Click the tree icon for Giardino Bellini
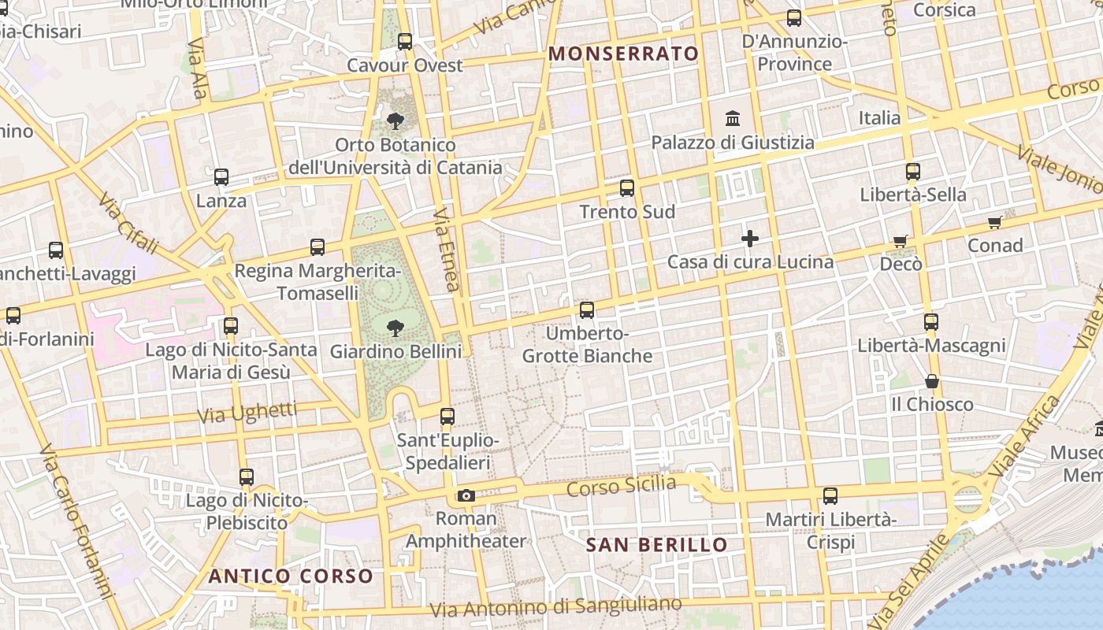tap(396, 328)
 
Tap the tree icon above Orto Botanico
tap(396, 121)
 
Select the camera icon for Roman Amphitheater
tap(466, 495)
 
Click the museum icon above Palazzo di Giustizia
tap(733, 119)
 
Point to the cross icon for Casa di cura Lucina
tap(750, 238)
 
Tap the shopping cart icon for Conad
tap(995, 223)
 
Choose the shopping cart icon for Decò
tap(901, 241)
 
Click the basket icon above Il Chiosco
tap(932, 381)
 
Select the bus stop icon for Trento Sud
tap(627, 188)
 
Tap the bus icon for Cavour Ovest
tap(405, 42)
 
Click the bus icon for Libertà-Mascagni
tap(931, 321)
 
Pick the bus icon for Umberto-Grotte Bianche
tap(587, 310)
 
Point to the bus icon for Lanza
tap(221, 177)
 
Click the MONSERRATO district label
tap(623, 54)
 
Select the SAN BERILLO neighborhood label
tap(657, 545)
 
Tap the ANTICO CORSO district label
tap(291, 576)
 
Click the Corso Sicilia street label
tap(622, 487)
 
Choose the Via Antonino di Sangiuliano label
tap(556, 607)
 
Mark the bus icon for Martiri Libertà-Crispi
tap(830, 496)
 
